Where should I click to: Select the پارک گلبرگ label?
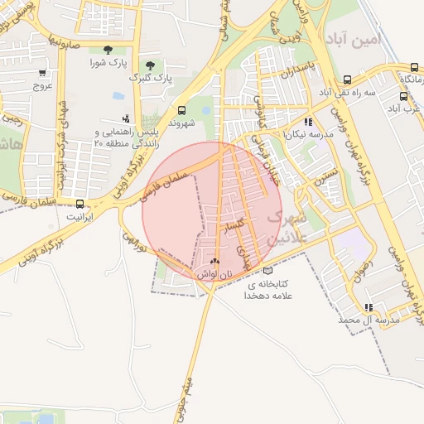click(149, 77)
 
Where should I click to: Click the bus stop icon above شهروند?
click(182, 109)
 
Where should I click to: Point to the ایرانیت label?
click(79, 216)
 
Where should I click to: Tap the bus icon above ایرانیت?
click(80, 204)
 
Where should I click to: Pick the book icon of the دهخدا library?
click(267, 271)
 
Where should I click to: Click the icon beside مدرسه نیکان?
click(308, 121)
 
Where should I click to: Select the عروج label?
click(42, 84)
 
